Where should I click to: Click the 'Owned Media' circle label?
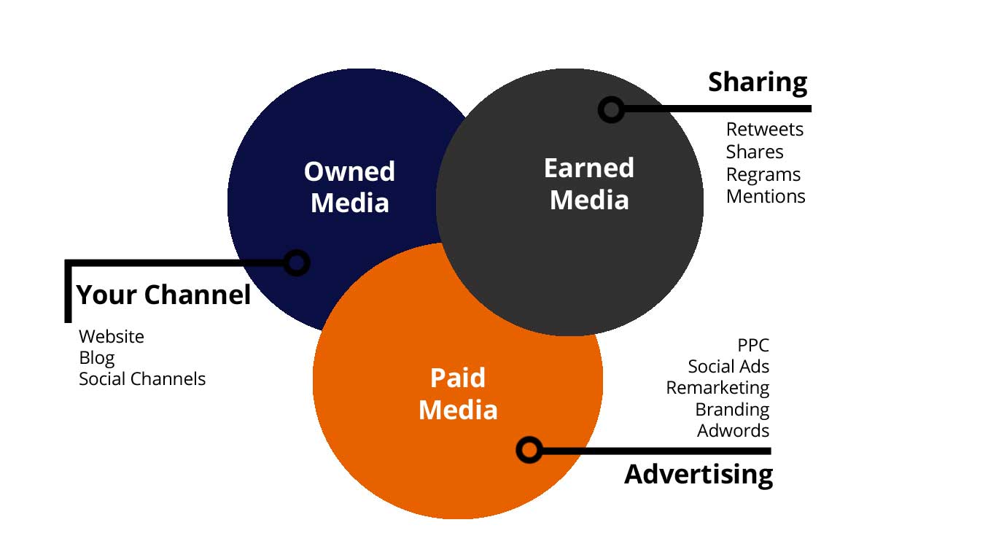point(349,187)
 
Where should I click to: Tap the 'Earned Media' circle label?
point(589,184)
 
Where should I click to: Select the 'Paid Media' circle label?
point(458,394)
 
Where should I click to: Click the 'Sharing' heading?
point(758,82)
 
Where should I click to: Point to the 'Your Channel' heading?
point(163,295)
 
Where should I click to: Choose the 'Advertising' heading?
point(699,474)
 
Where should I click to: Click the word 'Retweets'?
point(764,130)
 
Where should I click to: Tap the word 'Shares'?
point(755,152)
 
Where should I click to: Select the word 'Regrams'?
point(763,175)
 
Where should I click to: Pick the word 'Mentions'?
point(766,197)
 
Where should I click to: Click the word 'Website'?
point(112,337)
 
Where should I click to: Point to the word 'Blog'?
point(97,358)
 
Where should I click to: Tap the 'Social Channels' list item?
point(142,379)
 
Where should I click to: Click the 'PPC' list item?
point(753,345)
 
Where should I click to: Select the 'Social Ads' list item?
point(728,366)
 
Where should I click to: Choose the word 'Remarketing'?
point(717,388)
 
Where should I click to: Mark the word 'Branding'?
point(732,409)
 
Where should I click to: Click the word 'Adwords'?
point(733,430)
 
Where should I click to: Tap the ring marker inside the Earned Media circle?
point(611,109)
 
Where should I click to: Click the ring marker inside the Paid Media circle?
point(529,450)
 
